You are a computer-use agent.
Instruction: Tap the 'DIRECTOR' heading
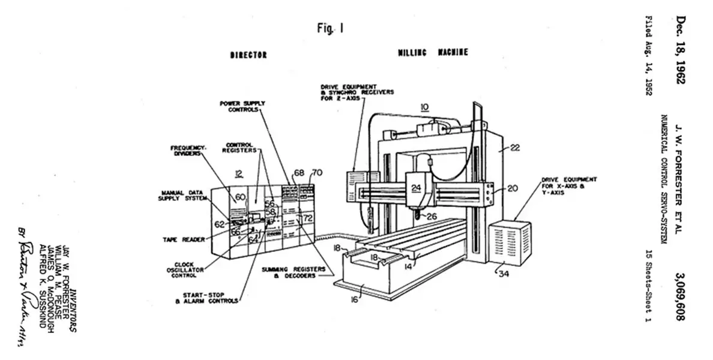[248, 55]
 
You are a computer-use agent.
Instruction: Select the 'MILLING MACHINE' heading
[433, 53]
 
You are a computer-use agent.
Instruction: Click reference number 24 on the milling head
[416, 187]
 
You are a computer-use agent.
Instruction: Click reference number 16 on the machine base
[355, 299]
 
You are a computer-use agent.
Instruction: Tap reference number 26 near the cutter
[430, 217]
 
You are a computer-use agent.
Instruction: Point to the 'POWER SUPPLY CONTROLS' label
[242, 106]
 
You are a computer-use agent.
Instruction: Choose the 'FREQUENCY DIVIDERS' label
[188, 150]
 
